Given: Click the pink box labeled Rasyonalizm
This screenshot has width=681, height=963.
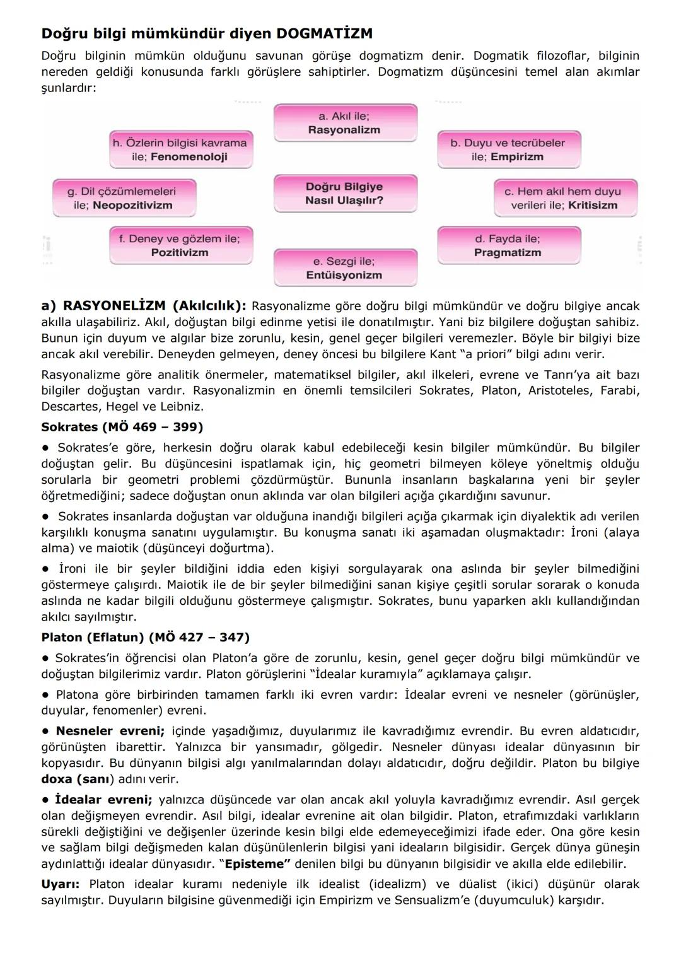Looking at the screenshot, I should pyautogui.click(x=345, y=123).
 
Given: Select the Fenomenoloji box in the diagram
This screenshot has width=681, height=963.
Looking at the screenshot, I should pyautogui.click(x=180, y=150).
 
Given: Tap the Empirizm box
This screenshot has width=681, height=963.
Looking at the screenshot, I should pyautogui.click(x=508, y=150).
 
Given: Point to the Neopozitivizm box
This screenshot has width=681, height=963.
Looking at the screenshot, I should pyautogui.click(x=124, y=198).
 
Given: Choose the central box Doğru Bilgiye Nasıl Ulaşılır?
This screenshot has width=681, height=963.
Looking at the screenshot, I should pyautogui.click(x=345, y=194).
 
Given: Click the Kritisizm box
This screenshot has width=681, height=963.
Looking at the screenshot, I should pyautogui.click(x=566, y=198).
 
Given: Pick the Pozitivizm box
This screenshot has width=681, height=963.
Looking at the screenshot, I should pyautogui.click(x=180, y=245).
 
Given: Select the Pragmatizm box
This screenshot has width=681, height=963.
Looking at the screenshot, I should pyautogui.click(x=508, y=245).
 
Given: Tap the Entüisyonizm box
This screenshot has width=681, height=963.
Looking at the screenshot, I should pyautogui.click(x=345, y=268).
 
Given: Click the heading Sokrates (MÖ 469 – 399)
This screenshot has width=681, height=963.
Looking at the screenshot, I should pyautogui.click(x=122, y=427).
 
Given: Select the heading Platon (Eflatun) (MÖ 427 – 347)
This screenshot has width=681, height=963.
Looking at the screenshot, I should pyautogui.click(x=145, y=637).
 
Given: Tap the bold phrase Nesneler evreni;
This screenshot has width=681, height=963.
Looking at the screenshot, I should pyautogui.click(x=110, y=731).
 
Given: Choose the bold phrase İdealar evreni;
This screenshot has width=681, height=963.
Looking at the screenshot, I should pyautogui.click(x=103, y=800).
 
